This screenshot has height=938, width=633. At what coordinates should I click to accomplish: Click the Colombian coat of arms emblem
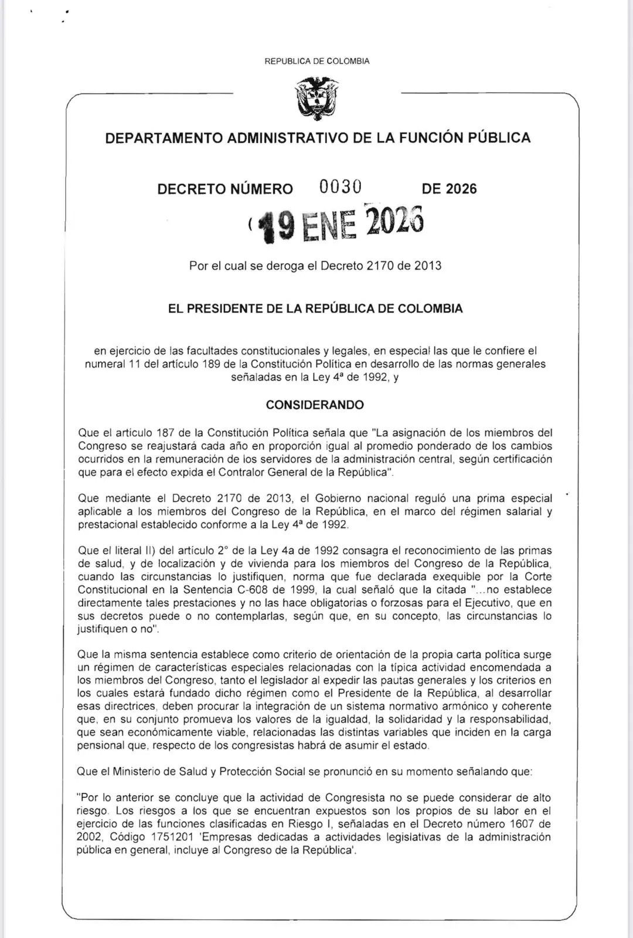pos(317,98)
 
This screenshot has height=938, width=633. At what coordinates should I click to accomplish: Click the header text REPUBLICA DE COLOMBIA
pos(317,61)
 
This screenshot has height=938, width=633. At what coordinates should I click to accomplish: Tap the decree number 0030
pos(341,187)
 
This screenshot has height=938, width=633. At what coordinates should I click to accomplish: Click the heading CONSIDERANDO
pos(315,405)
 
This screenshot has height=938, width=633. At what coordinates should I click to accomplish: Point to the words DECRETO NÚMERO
pos(225,189)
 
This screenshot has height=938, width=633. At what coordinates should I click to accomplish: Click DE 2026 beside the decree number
pos(449,189)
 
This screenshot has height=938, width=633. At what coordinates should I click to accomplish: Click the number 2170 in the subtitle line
pos(380,266)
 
